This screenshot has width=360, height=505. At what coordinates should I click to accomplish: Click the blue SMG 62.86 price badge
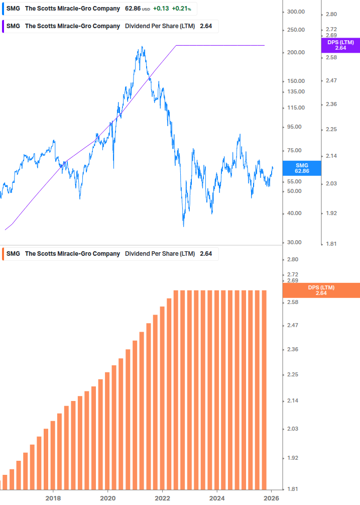(301, 168)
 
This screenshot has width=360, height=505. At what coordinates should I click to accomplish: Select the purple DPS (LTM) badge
(340, 45)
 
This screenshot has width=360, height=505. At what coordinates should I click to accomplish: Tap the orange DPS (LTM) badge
(321, 290)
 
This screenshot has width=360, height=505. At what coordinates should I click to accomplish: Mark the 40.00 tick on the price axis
(296, 213)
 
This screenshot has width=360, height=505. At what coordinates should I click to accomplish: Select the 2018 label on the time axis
(53, 498)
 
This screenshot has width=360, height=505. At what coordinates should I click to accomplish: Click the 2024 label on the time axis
(217, 498)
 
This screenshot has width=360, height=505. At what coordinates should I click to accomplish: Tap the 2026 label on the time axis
(271, 498)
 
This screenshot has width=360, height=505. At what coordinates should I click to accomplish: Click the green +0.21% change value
(182, 9)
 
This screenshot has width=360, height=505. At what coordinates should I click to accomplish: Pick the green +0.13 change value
(161, 9)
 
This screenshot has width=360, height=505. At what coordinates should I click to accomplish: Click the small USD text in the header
(146, 9)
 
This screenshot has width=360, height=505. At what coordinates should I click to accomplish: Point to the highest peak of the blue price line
(143, 47)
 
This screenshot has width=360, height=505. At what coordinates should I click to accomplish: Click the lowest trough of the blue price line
(183, 226)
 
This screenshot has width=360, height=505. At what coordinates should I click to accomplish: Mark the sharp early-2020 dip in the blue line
(114, 168)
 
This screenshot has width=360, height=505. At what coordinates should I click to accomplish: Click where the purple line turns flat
(176, 46)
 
